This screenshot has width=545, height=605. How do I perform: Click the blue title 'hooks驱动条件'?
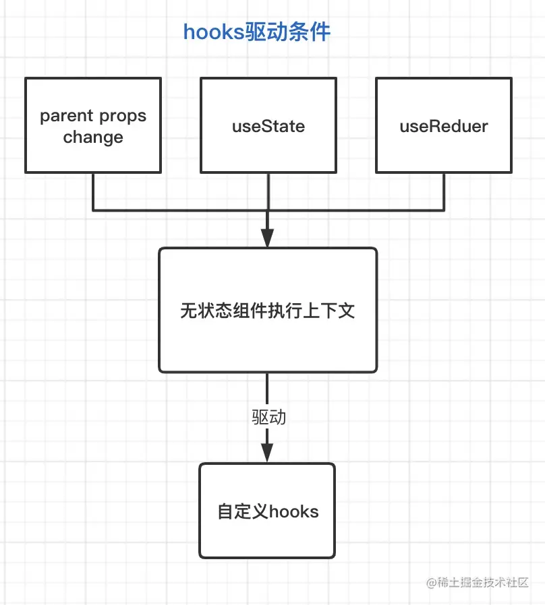[256, 32]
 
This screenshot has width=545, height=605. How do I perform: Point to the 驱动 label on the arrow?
[269, 417]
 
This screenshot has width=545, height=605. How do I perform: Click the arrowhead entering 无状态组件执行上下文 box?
[267, 238]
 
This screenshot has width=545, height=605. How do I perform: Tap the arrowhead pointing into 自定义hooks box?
[267, 453]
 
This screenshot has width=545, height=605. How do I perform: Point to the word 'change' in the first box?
[93, 137]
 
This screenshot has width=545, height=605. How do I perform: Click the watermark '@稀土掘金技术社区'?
[478, 582]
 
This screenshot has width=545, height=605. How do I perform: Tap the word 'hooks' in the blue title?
[214, 32]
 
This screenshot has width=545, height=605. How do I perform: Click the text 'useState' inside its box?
[268, 126]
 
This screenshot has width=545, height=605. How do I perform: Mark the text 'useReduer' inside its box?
[444, 126]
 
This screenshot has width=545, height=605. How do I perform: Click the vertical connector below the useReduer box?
[444, 192]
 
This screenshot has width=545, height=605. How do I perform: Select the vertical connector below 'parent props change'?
[93, 192]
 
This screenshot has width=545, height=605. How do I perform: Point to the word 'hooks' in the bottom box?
[293, 511]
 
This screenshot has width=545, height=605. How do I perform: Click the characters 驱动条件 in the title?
[288, 32]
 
